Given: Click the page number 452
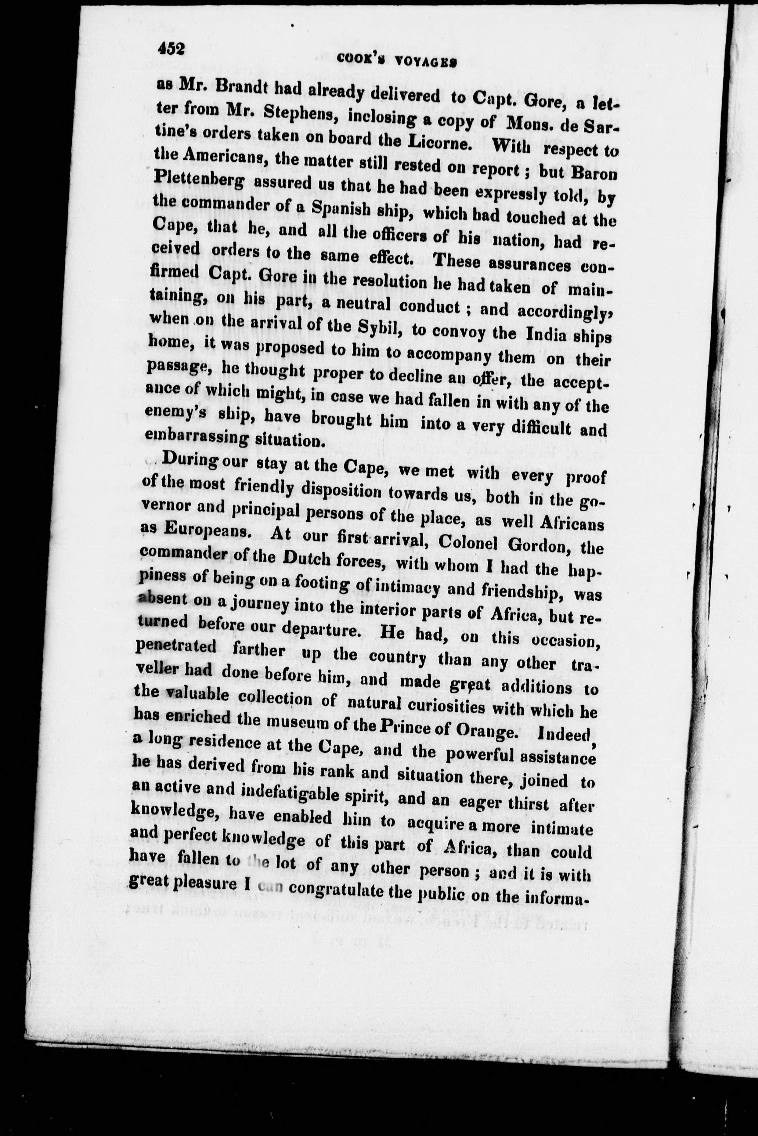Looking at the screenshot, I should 171,49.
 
